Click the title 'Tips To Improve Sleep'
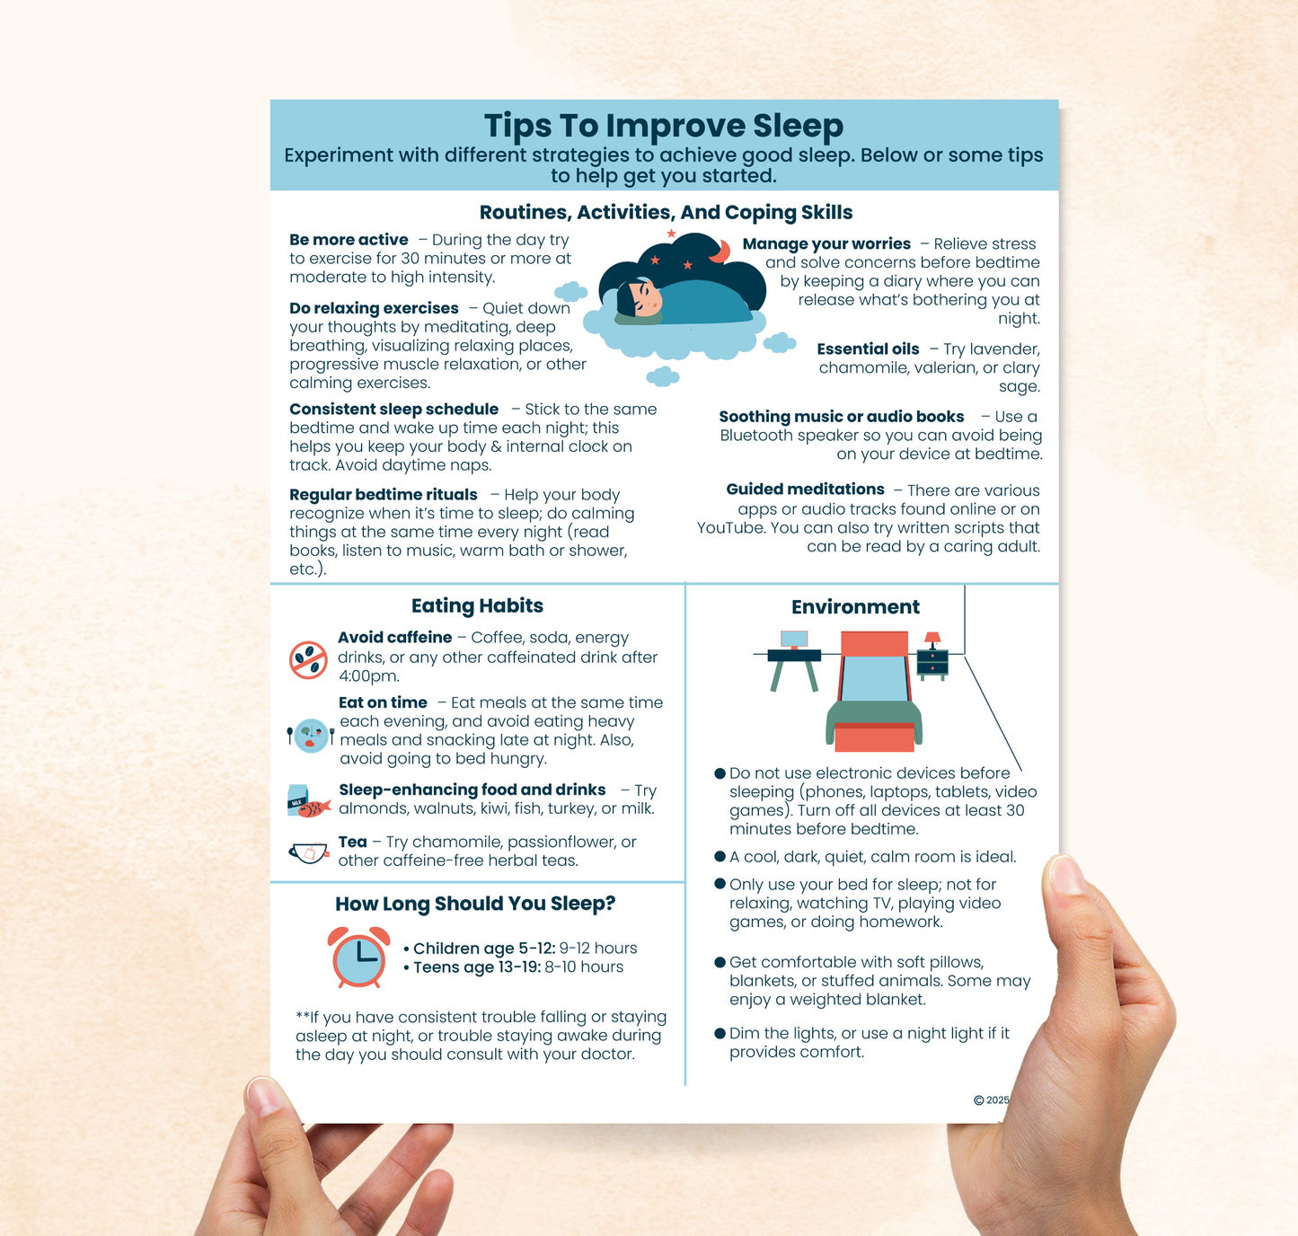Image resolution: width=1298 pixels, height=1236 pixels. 664,126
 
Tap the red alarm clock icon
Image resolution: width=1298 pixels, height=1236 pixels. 358,958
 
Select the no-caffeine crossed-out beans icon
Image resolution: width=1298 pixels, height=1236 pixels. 308,660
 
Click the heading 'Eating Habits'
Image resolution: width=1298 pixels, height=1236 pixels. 477,605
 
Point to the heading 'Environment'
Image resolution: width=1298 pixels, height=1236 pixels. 855,607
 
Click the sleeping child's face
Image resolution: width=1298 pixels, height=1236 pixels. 641,298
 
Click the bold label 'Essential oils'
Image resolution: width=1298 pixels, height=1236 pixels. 868,349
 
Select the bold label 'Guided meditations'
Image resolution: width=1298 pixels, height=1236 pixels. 805,490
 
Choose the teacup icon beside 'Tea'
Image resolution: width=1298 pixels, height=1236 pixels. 308,852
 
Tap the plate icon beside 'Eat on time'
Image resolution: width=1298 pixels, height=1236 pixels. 311,736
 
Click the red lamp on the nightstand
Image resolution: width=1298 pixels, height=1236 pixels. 932,640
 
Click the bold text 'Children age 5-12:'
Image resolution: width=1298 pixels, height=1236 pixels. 483,949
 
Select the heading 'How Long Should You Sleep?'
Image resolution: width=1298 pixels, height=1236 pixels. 475,904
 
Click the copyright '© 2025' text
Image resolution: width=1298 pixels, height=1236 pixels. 991,1100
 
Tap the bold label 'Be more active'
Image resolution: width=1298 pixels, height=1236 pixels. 349,240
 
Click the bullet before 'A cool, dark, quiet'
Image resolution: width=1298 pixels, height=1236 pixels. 720,857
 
